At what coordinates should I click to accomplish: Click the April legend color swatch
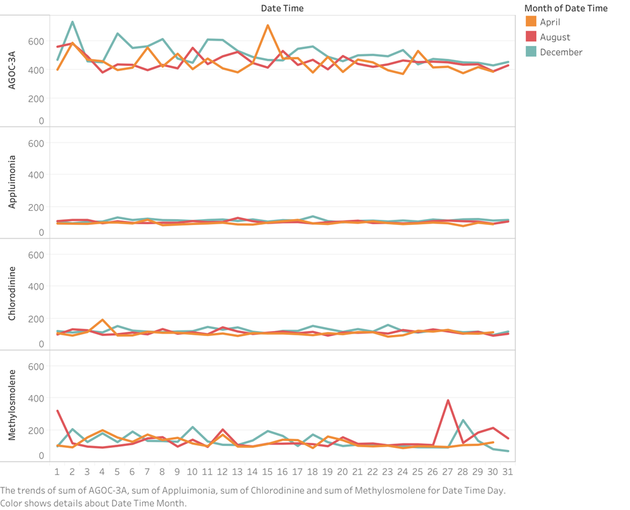[531, 22]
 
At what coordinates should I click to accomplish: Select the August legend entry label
[555, 37]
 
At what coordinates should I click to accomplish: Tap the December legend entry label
[561, 52]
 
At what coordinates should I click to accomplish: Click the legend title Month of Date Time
[565, 8]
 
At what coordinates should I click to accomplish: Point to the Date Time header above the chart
[282, 8]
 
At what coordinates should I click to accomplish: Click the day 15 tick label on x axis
[268, 472]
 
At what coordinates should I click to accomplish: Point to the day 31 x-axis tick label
[509, 472]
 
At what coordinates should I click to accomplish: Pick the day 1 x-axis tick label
[57, 472]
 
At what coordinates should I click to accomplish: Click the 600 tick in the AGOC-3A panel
[36, 41]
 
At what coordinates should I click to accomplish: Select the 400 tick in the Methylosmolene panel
[36, 398]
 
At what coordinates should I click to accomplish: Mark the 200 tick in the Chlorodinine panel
[36, 319]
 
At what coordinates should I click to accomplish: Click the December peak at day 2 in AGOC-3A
[72, 22]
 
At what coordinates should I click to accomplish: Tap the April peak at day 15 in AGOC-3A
[268, 25]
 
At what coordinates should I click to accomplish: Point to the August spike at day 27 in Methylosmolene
[448, 400]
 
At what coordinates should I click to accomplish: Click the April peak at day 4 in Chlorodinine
[102, 320]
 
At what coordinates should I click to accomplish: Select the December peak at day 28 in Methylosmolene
[463, 420]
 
